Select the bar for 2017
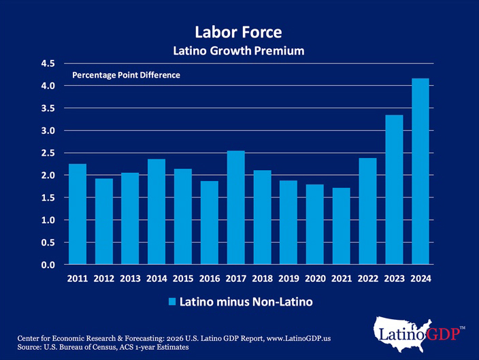(x=235, y=208)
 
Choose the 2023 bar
(x=394, y=190)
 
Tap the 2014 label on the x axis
(x=156, y=279)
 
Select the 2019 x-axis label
(x=288, y=279)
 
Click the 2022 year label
(x=367, y=279)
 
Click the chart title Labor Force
(x=238, y=32)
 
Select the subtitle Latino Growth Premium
(x=238, y=51)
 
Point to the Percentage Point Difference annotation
(x=126, y=75)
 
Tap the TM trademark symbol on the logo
(x=463, y=328)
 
